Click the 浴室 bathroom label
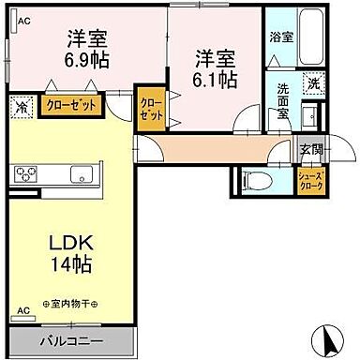(280, 39)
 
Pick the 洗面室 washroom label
(282, 97)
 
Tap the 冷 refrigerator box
(21, 107)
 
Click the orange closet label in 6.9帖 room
(71, 106)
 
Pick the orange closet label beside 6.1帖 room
(149, 110)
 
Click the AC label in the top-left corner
(24, 19)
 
